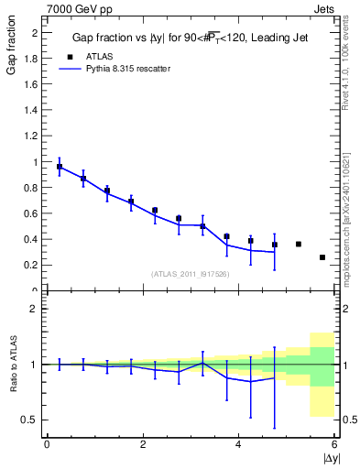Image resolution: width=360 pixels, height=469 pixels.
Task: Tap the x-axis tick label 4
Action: coord(238,444)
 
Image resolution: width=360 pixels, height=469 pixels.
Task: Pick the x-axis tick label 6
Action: coord(334,444)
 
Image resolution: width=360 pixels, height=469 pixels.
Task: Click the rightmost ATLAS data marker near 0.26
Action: coord(322,257)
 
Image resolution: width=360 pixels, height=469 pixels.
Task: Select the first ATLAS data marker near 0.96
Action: coord(60,167)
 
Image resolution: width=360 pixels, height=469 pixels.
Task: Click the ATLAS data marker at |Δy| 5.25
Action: coord(299,244)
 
